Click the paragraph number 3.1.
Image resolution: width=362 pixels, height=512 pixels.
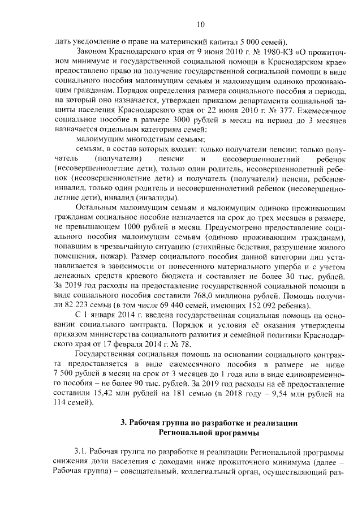click(x=83, y=453)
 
